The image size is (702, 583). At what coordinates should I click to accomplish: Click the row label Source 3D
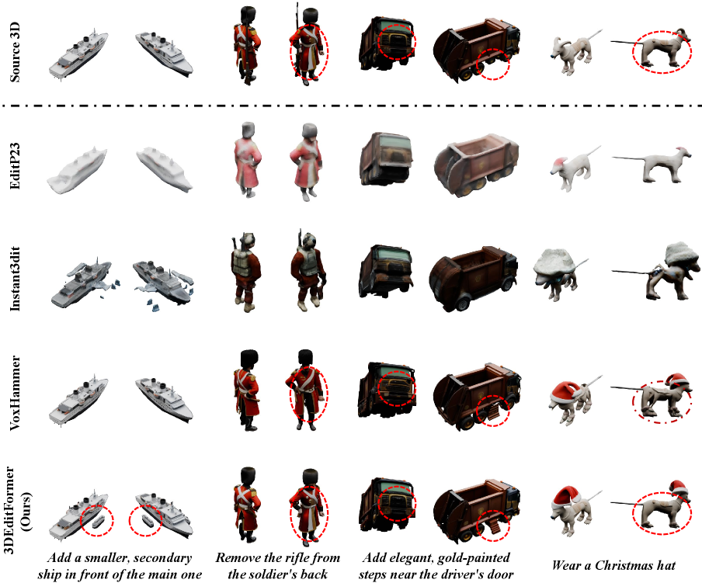15,51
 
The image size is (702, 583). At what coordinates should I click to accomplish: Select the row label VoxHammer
15,393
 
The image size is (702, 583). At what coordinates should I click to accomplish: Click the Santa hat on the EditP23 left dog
559,161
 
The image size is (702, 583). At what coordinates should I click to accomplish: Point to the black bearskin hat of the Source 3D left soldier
247,16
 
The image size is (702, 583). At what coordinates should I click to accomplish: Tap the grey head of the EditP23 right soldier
310,131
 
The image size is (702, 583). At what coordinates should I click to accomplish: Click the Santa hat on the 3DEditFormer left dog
566,496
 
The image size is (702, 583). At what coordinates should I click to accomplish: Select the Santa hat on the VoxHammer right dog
676,379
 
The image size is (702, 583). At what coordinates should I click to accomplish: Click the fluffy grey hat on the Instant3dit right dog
680,253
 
